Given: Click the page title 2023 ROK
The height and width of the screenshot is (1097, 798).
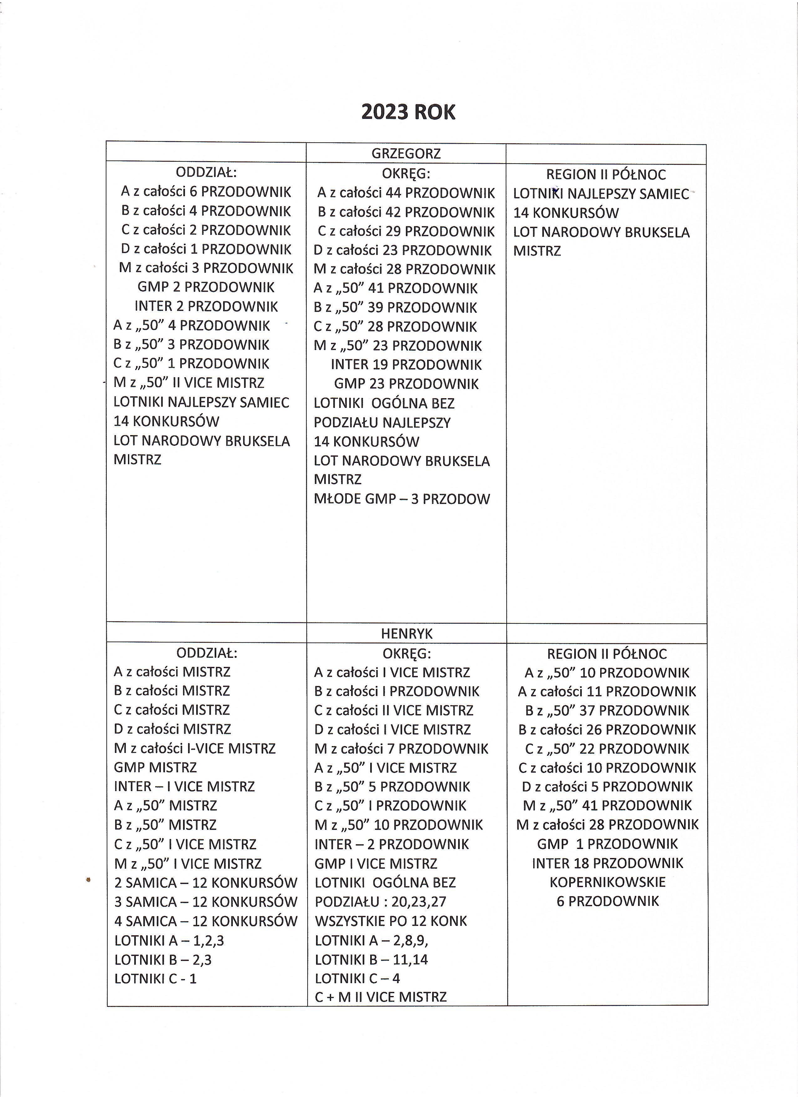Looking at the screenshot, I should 408,112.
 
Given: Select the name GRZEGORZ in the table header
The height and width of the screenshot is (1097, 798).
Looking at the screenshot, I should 406,154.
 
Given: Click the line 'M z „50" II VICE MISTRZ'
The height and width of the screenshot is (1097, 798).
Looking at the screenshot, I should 189,383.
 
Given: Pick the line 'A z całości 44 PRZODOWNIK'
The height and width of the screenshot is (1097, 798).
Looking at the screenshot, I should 406,193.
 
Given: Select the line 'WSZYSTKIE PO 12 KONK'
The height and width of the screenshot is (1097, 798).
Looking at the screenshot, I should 391,921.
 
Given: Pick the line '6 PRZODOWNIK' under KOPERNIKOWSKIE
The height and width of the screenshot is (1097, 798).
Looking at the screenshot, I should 607,901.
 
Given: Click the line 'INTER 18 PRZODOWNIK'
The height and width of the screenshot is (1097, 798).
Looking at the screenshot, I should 607,863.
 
